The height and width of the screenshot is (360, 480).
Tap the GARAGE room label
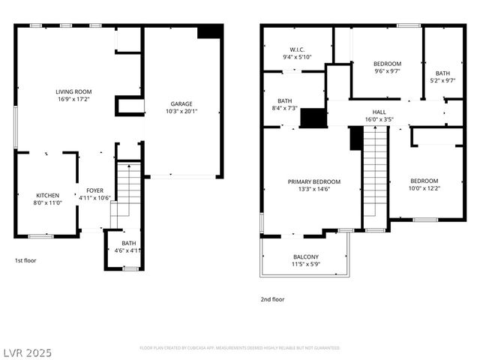[x=181, y=103]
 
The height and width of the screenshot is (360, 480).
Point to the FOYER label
[x=95, y=190]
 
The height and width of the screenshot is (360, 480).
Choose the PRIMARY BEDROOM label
[x=314, y=181]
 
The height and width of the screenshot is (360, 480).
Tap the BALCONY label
[x=305, y=256]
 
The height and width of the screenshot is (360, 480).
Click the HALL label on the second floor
[x=379, y=112]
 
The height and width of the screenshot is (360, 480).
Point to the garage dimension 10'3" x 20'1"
[x=181, y=111]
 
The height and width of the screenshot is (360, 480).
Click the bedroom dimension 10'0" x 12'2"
[x=424, y=188]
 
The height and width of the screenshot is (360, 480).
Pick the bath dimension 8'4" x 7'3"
[x=284, y=108]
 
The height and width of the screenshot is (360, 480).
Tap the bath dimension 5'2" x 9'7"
[x=443, y=80]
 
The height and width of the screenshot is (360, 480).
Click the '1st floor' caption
[x=25, y=260]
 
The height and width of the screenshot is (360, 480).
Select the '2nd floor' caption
[x=272, y=298]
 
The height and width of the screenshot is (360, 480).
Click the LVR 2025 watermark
[x=27, y=352]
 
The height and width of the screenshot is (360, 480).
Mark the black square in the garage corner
[x=210, y=31]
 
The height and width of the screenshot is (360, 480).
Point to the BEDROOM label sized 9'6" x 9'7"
[x=388, y=64]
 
